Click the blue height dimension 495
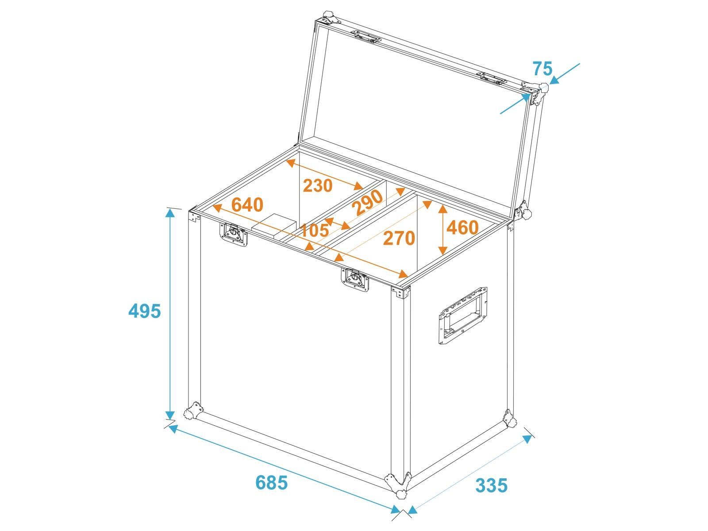pos(145,311)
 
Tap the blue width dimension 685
pos(271,483)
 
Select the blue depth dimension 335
pos(491,485)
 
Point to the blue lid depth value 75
pos(542,69)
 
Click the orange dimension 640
pos(247,204)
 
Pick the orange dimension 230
pos(318,185)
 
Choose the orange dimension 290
pos(369,203)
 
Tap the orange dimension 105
pos(314,230)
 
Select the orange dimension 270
pos(399,238)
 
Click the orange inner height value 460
pos(462,227)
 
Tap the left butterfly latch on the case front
pos(234,235)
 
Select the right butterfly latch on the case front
pos(355,279)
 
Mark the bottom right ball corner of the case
pos(509,418)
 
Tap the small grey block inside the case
pos(274,226)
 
